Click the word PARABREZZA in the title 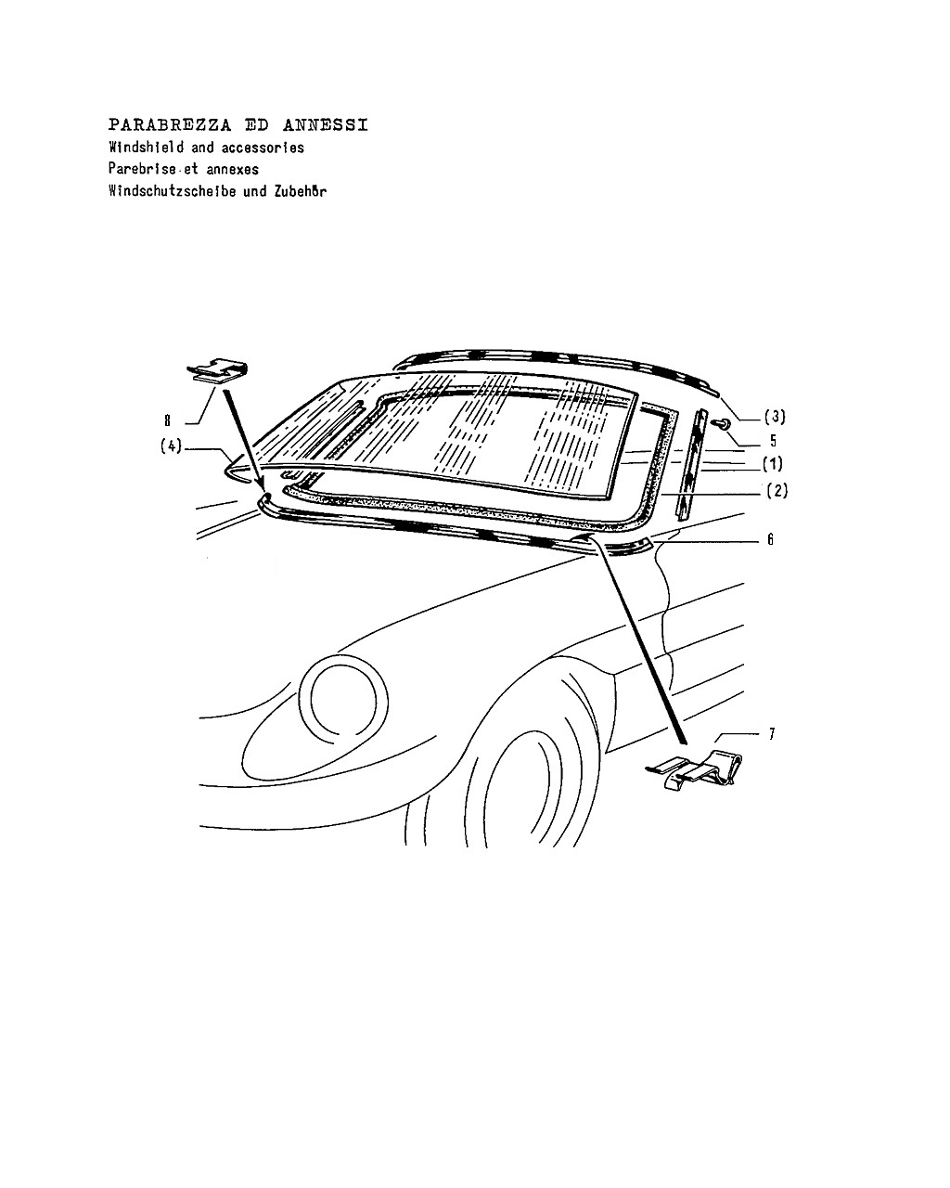[x=170, y=125]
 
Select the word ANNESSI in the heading [x=325, y=125]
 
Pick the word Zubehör [x=300, y=191]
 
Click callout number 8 [x=167, y=420]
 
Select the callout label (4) [x=171, y=446]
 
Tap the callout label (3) [x=775, y=417]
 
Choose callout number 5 [x=773, y=441]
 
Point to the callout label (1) [x=773, y=464]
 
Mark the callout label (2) [x=777, y=490]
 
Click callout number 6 [x=771, y=539]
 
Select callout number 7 [x=772, y=733]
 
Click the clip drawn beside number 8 [x=217, y=370]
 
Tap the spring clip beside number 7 [x=696, y=771]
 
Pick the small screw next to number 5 [x=723, y=423]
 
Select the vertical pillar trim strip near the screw [x=692, y=464]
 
